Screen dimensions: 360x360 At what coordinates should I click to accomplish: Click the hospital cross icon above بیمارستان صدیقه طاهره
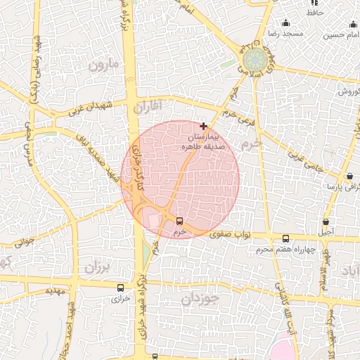tap(204, 126)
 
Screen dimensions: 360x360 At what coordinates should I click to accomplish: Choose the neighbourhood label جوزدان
tap(201, 299)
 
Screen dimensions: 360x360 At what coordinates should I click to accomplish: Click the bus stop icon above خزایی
tap(120, 288)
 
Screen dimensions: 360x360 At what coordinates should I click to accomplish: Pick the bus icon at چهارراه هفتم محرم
tap(285, 238)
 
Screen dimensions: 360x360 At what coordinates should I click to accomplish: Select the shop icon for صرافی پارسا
tap(349, 176)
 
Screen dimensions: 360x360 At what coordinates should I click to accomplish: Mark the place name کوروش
tap(348, 92)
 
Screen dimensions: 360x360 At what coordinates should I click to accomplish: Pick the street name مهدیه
tap(56, 289)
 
